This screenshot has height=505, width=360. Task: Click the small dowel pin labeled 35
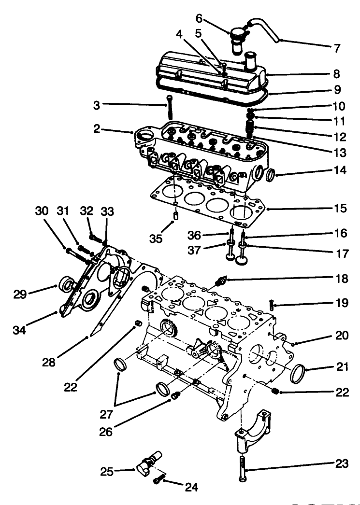tap(176, 214)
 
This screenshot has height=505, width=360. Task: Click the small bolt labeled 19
tap(272, 305)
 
